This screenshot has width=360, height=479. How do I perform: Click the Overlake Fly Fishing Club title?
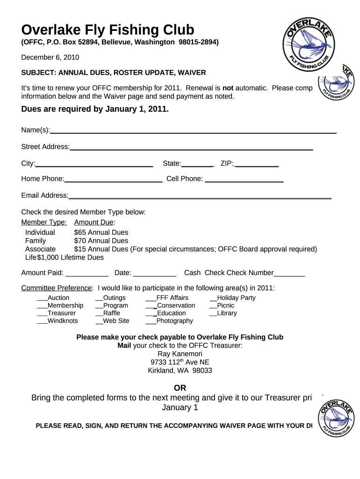(x=108, y=30)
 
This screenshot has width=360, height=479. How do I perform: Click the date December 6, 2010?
(x=50, y=58)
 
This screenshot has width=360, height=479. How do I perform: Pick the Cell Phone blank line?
(x=244, y=181)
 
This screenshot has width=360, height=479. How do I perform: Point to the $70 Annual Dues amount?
(x=101, y=241)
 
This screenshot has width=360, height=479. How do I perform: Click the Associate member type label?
(x=40, y=249)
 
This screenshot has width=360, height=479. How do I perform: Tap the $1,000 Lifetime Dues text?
(x=70, y=257)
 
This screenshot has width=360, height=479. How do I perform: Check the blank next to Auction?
(x=42, y=298)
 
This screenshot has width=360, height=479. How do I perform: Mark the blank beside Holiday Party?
(x=213, y=298)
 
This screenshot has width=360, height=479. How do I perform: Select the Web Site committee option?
(x=116, y=321)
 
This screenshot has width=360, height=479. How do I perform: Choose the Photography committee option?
(x=174, y=321)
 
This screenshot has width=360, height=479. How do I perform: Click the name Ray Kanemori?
(x=180, y=354)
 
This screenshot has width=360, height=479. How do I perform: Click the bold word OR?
(x=180, y=388)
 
